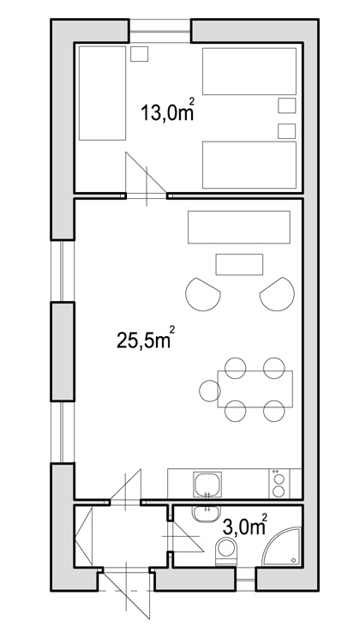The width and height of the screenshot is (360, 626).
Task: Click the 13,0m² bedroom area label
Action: [x=168, y=112]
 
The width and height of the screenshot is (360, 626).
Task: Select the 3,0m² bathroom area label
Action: [x=244, y=525]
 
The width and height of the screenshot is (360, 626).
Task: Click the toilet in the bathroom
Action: [x=225, y=551]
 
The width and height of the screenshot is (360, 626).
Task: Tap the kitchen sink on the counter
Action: [x=207, y=485]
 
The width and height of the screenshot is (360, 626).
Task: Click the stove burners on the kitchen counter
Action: [x=279, y=484]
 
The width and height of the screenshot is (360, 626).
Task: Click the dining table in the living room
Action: [x=255, y=388]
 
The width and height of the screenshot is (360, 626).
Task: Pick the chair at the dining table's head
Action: [x=210, y=390]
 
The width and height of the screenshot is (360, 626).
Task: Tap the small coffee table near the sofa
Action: [x=239, y=264]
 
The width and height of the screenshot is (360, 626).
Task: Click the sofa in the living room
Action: [x=239, y=226]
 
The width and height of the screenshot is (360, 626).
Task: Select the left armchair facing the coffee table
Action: [x=202, y=294]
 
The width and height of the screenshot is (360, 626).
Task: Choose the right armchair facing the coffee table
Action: [x=278, y=294]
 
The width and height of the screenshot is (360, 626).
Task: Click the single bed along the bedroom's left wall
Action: [x=103, y=93]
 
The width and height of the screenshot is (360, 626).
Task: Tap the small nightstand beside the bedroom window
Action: [x=140, y=54]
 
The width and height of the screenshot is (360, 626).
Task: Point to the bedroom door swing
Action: [x=146, y=174]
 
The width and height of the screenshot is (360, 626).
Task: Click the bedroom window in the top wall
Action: [x=159, y=31]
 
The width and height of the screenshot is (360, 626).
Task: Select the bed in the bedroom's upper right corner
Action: [x=249, y=71]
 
